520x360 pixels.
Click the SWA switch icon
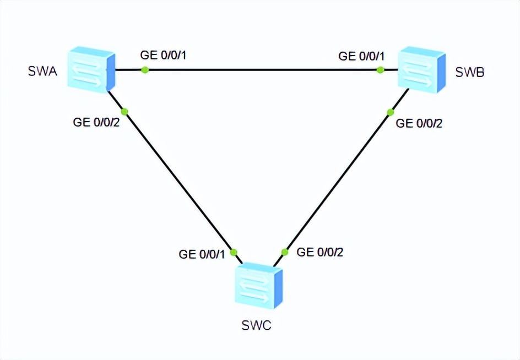(91, 69)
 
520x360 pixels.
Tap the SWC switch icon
(258, 286)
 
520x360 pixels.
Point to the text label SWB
(470, 72)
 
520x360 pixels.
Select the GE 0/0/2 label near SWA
(96, 123)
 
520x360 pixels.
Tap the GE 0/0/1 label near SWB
(361, 56)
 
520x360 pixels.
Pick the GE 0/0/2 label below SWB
(419, 123)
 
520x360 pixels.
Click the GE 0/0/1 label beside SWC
(202, 254)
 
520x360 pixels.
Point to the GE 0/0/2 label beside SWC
(320, 252)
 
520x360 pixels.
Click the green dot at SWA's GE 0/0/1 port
(145, 70)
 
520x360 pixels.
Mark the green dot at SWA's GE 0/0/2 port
(124, 111)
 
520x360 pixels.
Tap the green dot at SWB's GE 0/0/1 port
(380, 70)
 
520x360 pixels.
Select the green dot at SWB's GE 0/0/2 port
(390, 112)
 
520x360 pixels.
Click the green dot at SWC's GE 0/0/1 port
(233, 252)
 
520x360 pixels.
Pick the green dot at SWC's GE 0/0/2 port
(284, 252)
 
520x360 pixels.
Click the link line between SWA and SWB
(262, 70)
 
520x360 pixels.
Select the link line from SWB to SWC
(337, 182)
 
